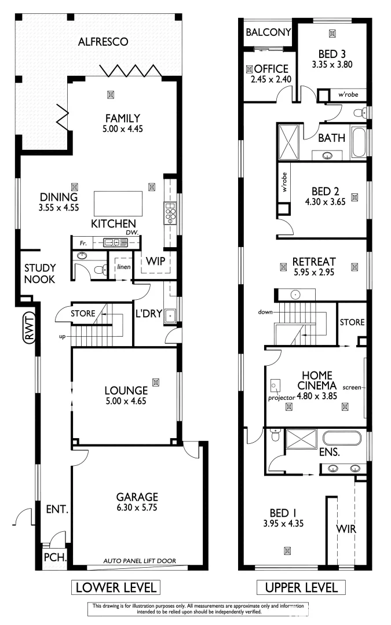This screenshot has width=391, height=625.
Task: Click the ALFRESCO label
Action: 103,42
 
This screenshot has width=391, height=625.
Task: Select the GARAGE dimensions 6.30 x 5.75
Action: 137,508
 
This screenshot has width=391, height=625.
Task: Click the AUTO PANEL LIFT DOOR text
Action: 140,560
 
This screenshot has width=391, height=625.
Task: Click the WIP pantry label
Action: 156,261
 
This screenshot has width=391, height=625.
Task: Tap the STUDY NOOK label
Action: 40,273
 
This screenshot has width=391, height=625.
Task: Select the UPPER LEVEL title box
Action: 301,588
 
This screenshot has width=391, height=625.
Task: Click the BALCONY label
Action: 268,33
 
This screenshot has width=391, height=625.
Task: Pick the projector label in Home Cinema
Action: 282,398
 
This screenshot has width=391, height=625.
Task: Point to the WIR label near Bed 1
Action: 346,529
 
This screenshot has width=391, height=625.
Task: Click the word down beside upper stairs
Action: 266,312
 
